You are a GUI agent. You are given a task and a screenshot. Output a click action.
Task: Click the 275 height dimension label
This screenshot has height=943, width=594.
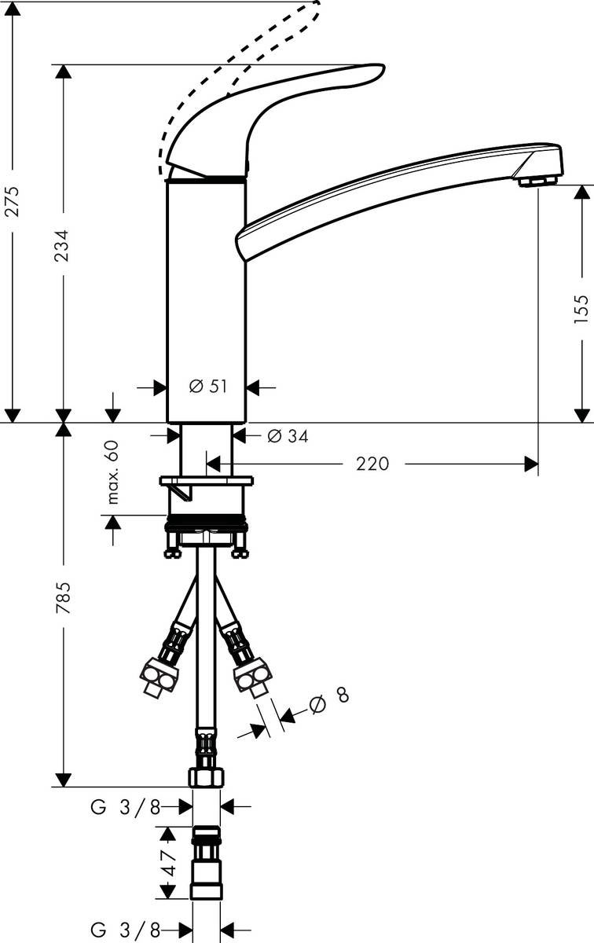pyautogui.click(x=13, y=201)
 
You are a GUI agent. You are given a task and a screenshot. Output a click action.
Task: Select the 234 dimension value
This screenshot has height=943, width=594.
pyautogui.click(x=63, y=245)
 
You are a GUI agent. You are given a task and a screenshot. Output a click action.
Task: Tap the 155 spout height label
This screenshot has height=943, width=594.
pyautogui.click(x=581, y=309)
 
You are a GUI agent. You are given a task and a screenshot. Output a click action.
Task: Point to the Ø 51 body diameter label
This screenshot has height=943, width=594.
pyautogui.click(x=208, y=386)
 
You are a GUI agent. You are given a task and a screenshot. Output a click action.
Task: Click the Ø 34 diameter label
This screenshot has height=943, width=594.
pyautogui.click(x=288, y=436)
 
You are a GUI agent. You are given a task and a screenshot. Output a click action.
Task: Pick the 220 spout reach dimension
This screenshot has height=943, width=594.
pyautogui.click(x=372, y=464)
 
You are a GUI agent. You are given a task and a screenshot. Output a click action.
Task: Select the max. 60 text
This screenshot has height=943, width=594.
pyautogui.click(x=113, y=472)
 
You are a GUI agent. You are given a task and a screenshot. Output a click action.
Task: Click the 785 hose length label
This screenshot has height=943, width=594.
pyautogui.click(x=63, y=598)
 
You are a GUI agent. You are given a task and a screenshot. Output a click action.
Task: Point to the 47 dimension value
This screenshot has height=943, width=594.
pyautogui.click(x=169, y=862)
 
